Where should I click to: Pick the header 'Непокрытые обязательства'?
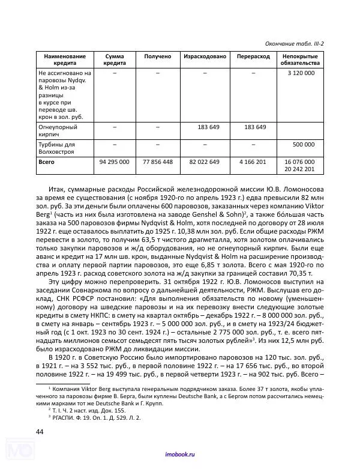[300, 59]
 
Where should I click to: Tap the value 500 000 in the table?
[303, 145]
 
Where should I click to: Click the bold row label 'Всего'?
[47, 162]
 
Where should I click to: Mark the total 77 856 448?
[158, 162]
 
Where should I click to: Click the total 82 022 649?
[205, 162]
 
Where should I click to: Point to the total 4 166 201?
[253, 162]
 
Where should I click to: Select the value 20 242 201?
[299, 169]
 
